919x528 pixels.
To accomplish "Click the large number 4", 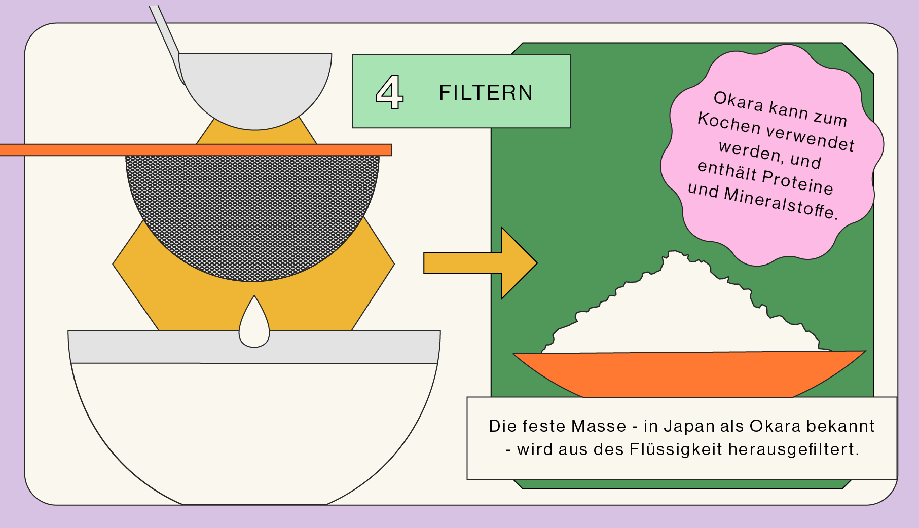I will point(389,92).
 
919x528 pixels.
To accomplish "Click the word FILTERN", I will point(486,93).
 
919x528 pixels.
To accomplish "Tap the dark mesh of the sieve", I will point(252,213).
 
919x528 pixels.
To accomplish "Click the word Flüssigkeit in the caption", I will point(676,449).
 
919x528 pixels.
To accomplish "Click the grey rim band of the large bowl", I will point(152,347).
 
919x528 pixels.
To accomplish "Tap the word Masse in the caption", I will point(599,426).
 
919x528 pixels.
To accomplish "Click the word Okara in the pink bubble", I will point(738,101).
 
